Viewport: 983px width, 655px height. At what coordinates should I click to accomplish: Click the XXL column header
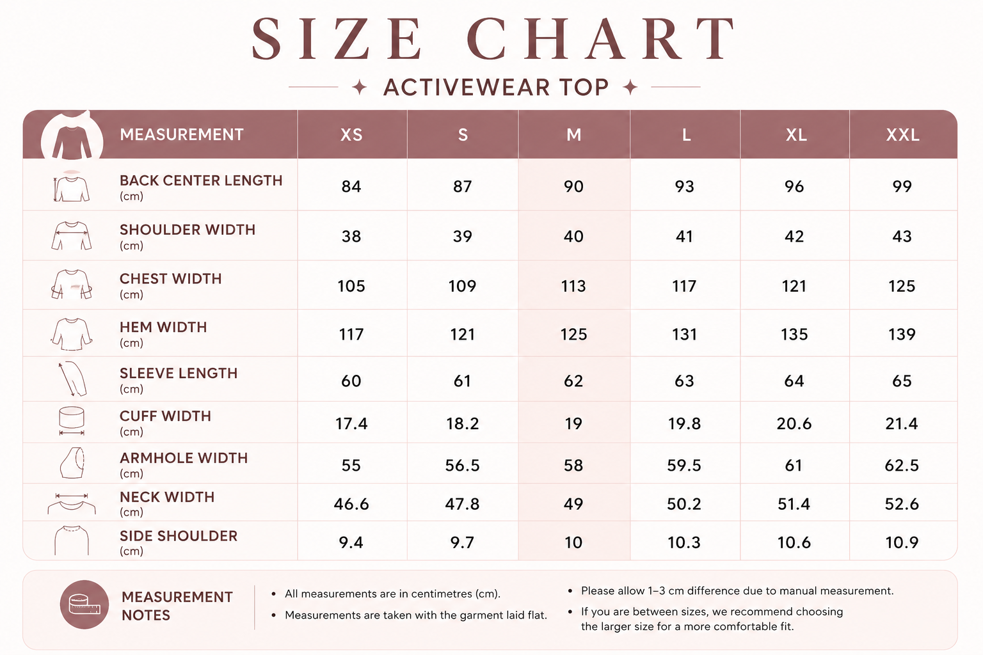tap(903, 135)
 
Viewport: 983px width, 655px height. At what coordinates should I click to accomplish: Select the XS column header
tap(351, 135)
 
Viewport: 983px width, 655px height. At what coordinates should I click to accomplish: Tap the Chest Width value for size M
tap(573, 286)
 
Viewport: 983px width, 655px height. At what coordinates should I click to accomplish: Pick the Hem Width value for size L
tap(684, 335)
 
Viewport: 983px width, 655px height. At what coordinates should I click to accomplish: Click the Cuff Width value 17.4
tap(351, 423)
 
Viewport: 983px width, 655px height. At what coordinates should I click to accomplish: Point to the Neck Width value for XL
tap(794, 503)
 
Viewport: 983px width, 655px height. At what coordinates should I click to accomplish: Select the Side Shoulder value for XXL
tap(902, 542)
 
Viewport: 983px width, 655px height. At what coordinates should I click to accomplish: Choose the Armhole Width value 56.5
tap(462, 465)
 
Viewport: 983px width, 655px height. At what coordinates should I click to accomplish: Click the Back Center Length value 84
tap(351, 186)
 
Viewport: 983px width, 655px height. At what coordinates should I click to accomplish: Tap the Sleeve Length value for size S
tap(462, 381)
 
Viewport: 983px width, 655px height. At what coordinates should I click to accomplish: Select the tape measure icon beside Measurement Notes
tap(84, 604)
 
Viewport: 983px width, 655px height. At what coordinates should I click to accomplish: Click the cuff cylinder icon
tap(72, 421)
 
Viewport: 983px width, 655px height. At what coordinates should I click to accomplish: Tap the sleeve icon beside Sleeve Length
tap(72, 379)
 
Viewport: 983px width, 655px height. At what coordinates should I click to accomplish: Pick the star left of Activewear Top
tap(360, 87)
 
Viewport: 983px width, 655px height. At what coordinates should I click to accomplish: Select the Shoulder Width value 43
tap(902, 237)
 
